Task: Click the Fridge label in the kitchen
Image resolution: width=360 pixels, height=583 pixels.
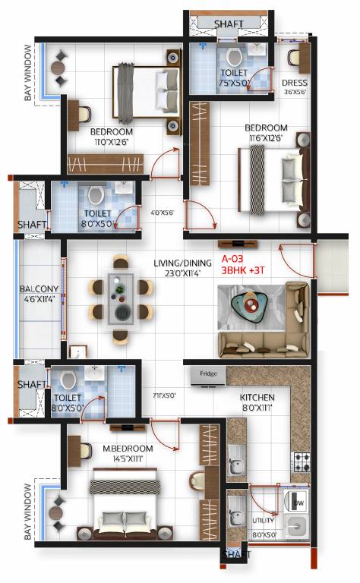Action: coord(208,374)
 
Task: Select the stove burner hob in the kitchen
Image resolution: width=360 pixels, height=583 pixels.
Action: coord(302,462)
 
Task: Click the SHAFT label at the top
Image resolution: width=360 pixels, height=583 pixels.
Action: coord(229,24)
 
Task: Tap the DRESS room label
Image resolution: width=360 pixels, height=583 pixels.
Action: coord(294,83)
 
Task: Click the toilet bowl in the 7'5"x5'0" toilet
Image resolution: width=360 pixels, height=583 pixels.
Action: coord(233,58)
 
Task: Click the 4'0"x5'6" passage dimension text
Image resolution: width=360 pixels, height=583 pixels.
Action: coord(162,213)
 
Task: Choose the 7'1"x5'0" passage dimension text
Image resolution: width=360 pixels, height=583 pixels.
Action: coord(164,395)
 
